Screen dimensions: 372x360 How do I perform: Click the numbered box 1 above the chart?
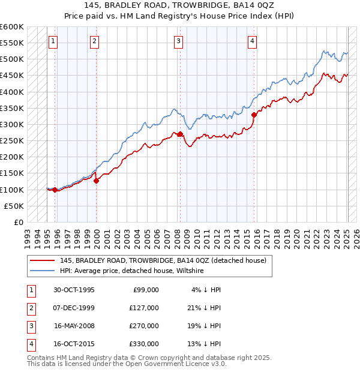(x=53, y=41)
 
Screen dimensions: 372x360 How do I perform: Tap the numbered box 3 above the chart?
(x=179, y=41)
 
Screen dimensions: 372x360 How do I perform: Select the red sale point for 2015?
(x=254, y=115)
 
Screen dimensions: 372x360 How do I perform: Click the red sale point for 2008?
(x=181, y=134)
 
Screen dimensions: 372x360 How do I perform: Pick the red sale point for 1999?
(x=96, y=180)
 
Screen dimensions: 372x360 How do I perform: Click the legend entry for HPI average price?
(x=131, y=271)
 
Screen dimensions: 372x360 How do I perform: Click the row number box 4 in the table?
(x=30, y=344)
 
